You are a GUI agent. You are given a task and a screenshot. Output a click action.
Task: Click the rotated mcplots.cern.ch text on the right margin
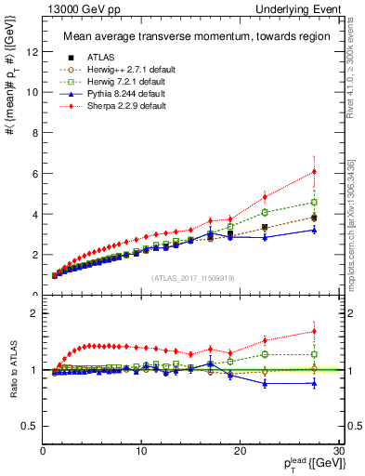pyautogui.click(x=356, y=232)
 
